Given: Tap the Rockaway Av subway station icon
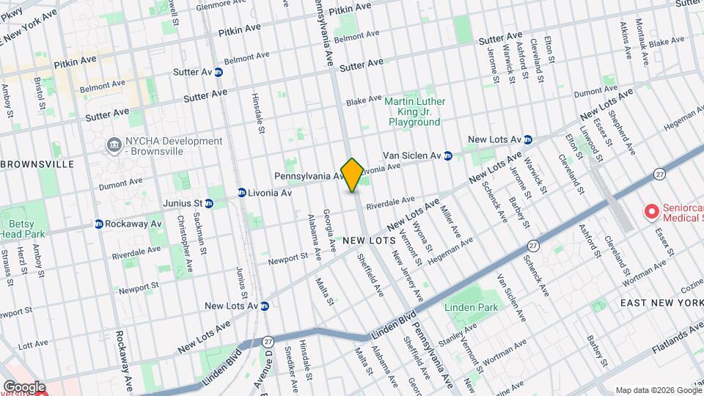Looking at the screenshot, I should (99, 224).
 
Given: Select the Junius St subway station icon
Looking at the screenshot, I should (209, 203).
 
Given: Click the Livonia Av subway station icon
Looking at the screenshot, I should (241, 193).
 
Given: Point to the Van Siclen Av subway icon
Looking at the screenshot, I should (447, 155).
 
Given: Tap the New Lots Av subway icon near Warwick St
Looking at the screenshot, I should (527, 139).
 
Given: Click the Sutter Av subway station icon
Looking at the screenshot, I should (219, 72).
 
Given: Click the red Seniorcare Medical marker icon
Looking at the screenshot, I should (650, 212).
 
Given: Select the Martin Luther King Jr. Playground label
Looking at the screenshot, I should (415, 111).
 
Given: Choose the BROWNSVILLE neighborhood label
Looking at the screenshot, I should (38, 164).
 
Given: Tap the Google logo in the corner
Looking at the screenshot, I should (23, 386).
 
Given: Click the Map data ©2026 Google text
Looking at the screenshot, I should (658, 390).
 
